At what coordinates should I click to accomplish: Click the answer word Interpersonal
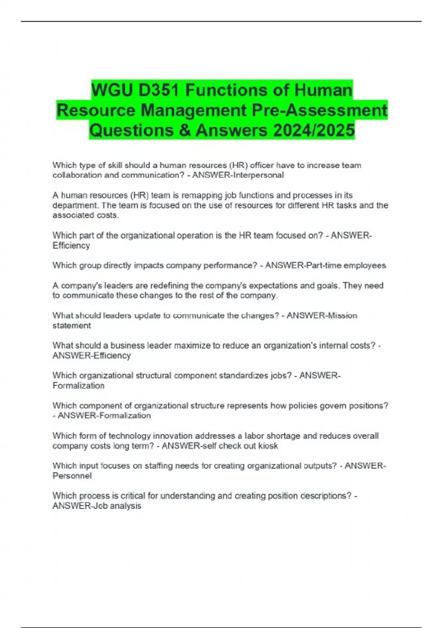tap(258, 175)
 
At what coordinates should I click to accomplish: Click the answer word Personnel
tap(72, 476)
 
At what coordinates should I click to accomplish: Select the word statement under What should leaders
tap(72, 325)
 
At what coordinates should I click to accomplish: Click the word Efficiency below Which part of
tap(71, 245)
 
